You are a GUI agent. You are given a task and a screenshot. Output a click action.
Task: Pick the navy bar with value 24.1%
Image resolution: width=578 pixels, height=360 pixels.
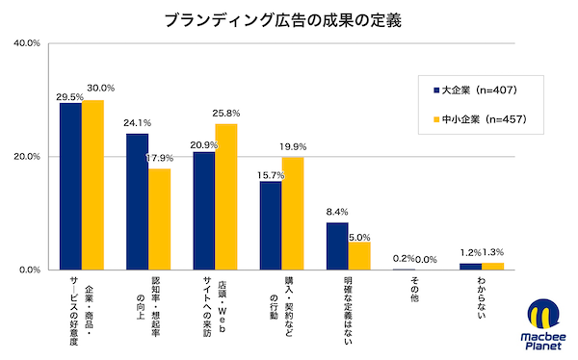coord(137,201)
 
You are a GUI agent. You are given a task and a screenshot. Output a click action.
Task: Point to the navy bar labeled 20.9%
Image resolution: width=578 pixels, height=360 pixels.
coord(203,211)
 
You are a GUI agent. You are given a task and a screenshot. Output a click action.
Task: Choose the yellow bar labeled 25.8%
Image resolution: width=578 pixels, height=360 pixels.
coord(225,196)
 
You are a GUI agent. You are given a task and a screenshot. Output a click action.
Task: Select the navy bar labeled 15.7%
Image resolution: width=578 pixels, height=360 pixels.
coord(271,225)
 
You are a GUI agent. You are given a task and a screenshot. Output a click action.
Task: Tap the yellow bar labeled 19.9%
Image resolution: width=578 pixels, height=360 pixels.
coord(293,213)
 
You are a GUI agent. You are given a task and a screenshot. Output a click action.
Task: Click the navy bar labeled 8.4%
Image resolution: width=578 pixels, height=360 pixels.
coord(337,245)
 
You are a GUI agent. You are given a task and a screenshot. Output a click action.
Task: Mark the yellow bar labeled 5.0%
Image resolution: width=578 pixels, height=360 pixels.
coord(359,255)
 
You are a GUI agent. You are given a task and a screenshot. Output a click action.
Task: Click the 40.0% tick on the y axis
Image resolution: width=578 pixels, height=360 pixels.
coord(26,43)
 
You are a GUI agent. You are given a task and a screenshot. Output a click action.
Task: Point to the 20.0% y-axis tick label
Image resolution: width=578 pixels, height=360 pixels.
coord(26,156)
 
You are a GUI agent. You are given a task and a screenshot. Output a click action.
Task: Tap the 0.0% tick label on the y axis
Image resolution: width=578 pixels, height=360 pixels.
coord(29,270)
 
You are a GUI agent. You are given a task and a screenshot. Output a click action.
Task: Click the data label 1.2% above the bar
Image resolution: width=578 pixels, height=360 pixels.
coord(469,253)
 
